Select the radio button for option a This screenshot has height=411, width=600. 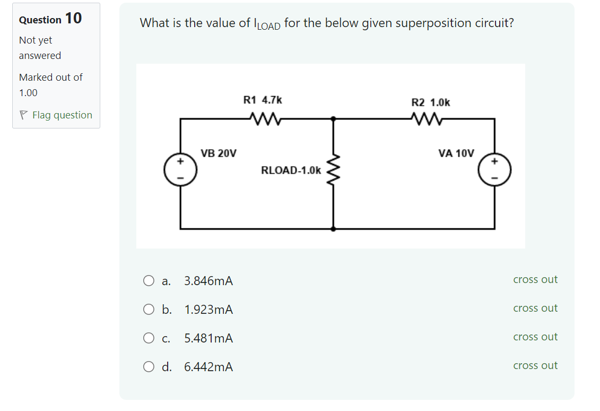pos(149,281)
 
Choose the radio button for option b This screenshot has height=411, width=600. pos(149,310)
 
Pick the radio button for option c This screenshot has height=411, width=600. pos(149,338)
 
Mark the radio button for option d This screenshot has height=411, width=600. pos(149,367)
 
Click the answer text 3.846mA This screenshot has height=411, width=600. pos(208,281)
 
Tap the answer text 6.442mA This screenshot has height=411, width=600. pos(208,367)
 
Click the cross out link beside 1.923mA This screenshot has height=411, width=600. pos(535,309)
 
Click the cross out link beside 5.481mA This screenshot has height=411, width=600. pos(535,337)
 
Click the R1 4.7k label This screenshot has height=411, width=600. pos(262,100)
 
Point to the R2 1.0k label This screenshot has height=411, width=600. pos(431,102)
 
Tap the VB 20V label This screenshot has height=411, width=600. pos(219,153)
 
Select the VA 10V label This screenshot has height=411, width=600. pos(456,153)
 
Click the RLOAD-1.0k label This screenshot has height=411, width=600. pos(291,170)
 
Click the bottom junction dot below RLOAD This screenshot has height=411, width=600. pos(333,229)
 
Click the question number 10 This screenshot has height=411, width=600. pos(73,19)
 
